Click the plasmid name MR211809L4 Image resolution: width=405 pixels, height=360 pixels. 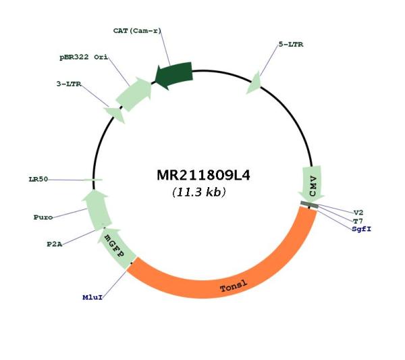(x=203, y=176)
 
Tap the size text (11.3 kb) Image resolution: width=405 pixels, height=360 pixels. (x=199, y=192)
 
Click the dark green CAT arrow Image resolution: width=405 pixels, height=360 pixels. (x=174, y=75)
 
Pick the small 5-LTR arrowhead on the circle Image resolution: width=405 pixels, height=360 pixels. (x=254, y=83)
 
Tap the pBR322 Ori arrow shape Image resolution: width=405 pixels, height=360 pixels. (x=134, y=94)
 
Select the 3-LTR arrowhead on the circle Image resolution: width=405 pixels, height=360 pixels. (x=115, y=115)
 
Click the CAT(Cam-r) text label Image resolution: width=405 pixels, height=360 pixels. (x=137, y=31)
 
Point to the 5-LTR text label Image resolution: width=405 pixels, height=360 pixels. (x=291, y=45)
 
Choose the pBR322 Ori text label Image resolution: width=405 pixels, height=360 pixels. (x=84, y=57)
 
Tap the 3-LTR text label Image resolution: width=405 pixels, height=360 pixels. (x=69, y=84)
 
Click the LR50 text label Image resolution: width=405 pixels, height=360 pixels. (x=38, y=179)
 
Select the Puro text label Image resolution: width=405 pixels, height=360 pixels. (x=43, y=217)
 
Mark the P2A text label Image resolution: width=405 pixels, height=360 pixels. (x=55, y=245)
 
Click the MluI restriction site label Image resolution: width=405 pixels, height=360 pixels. (x=92, y=297)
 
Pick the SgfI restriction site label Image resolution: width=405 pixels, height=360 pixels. (x=361, y=229)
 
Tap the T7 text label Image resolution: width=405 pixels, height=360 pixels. (x=358, y=221)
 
